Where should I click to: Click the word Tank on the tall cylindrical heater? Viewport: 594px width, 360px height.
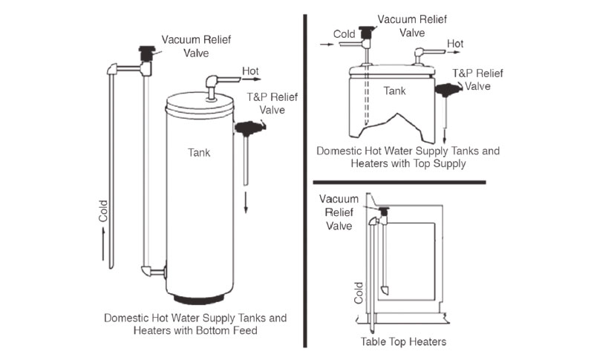(x=199, y=154)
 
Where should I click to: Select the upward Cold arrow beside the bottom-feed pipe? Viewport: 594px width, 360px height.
(x=104, y=243)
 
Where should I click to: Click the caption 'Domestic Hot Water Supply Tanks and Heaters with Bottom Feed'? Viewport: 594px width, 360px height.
(x=195, y=324)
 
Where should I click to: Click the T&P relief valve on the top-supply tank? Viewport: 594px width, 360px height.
(x=446, y=90)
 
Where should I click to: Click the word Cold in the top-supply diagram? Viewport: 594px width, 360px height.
(x=344, y=34)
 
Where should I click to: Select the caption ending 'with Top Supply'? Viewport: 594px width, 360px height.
(x=408, y=157)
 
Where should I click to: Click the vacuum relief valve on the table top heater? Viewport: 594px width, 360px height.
(x=385, y=213)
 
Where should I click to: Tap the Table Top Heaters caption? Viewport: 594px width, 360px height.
(x=404, y=342)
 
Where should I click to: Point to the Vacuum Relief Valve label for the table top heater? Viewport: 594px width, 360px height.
(x=339, y=212)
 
